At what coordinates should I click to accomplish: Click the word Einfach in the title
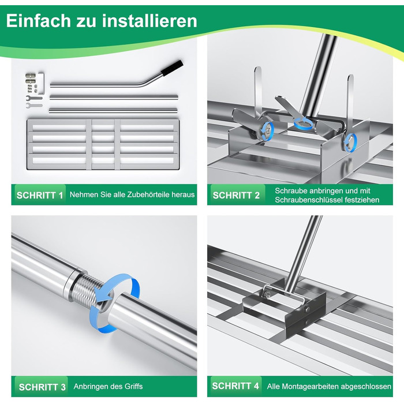[38, 21]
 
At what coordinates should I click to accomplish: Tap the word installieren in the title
[149, 21]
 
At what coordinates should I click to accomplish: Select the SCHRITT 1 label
[40, 195]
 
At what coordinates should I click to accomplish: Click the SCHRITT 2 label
[236, 195]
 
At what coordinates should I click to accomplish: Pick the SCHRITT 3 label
[42, 387]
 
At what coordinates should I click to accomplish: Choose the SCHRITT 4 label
[235, 386]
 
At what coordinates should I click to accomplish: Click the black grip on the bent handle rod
[172, 68]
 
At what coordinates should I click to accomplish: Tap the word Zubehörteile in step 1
[149, 194]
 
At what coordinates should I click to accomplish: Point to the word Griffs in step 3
[133, 387]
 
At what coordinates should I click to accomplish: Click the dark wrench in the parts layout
[34, 98]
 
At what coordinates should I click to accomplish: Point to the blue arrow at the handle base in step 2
[304, 123]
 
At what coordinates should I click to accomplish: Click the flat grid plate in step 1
[103, 144]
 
